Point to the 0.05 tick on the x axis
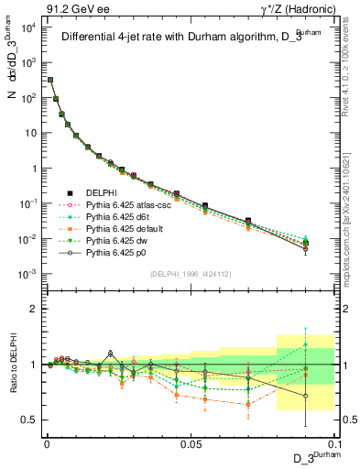[x=190, y=442]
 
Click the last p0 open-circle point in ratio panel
[x=305, y=396]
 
